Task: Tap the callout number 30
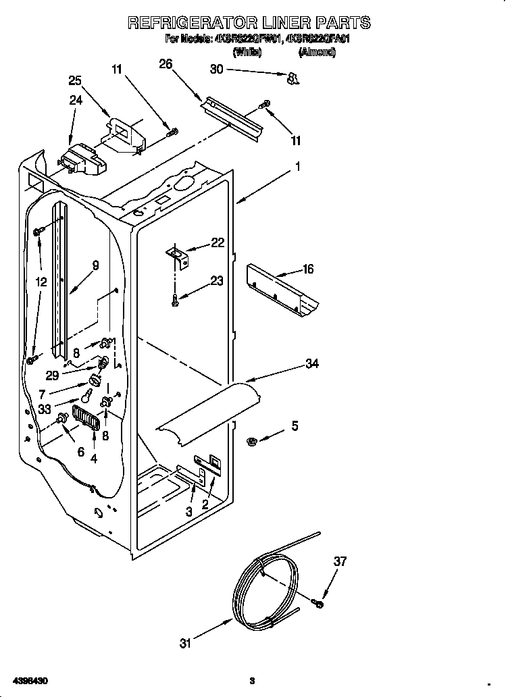tap(216, 69)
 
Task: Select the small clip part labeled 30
tap(293, 80)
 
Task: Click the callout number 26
tap(166, 64)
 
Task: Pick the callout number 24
tap(76, 99)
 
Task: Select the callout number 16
tap(308, 269)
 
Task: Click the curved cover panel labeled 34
tap(209, 412)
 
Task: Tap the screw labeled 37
tap(317, 602)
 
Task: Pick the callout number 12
tap(42, 282)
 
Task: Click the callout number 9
tap(95, 265)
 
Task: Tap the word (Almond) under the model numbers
tap(317, 52)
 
